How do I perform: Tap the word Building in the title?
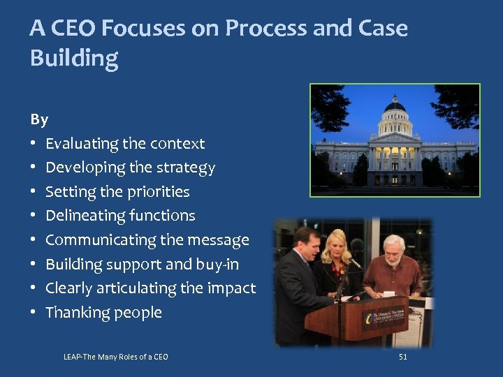point(74,59)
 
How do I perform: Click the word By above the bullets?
point(39,119)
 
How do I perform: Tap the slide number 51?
point(402,357)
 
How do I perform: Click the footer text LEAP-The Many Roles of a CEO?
point(115,357)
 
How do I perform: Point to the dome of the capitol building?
point(395,107)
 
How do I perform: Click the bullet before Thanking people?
point(34,313)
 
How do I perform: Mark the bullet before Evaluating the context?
point(34,144)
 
